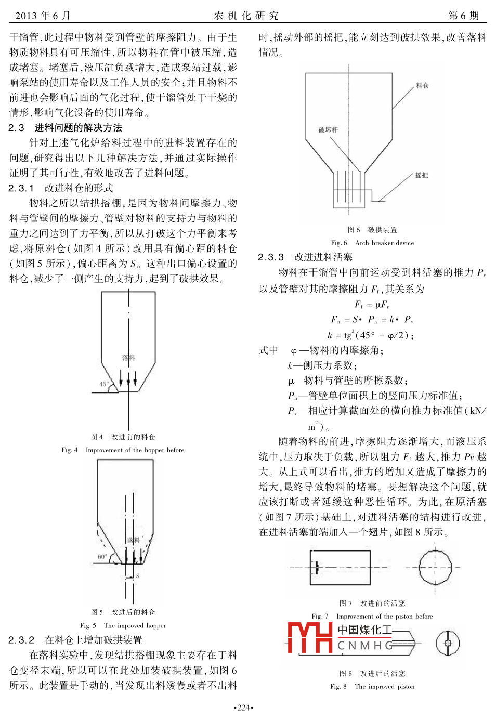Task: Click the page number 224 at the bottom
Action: click(243, 707)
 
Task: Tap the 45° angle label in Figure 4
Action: click(104, 384)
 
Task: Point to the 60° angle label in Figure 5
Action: click(102, 557)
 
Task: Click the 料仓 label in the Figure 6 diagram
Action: click(422, 86)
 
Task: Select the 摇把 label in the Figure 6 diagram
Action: click(422, 176)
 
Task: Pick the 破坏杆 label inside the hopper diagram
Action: click(328, 130)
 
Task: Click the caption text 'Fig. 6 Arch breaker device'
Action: click(372, 243)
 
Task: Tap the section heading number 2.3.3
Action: click(271, 257)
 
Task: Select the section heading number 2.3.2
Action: click(21, 640)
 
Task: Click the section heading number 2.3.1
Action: click(21, 188)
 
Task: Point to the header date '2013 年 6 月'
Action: click(43, 16)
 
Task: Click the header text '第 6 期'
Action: click(463, 16)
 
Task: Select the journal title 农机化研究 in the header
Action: click(246, 16)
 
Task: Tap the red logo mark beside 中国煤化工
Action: click(310, 637)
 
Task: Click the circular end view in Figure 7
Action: click(435, 567)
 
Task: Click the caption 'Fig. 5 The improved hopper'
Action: click(123, 625)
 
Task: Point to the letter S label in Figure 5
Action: click(138, 576)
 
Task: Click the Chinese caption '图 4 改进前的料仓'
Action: click(123, 437)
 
